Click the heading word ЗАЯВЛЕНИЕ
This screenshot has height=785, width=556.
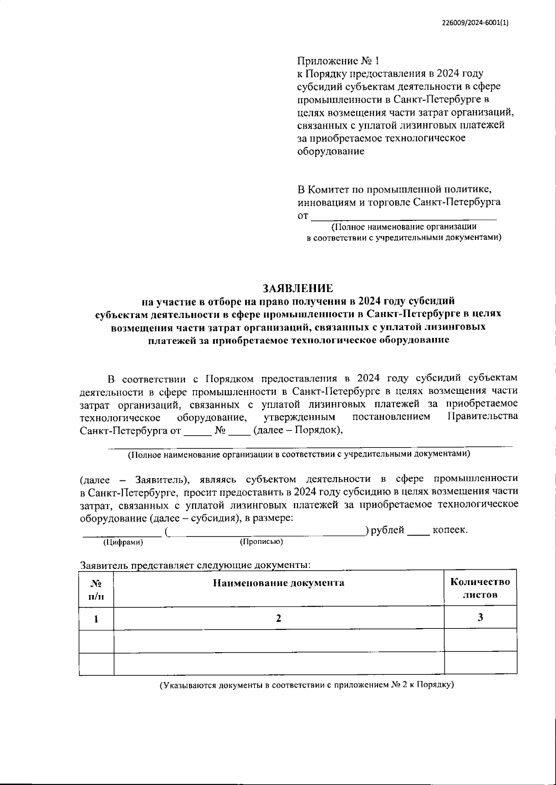click(x=298, y=288)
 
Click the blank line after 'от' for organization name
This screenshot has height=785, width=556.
click(x=403, y=216)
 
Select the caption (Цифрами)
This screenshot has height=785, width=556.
click(x=123, y=542)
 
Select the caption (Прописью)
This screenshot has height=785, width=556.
click(x=261, y=541)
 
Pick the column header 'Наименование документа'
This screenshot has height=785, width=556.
click(x=278, y=583)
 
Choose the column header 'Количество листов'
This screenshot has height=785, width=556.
click(x=480, y=588)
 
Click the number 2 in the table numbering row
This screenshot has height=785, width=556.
click(x=278, y=618)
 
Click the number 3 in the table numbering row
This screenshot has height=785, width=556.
click(x=480, y=617)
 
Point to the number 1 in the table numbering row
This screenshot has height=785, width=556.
click(x=96, y=619)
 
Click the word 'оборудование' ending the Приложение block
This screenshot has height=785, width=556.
click(x=330, y=151)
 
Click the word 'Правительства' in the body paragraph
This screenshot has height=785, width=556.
click(x=483, y=417)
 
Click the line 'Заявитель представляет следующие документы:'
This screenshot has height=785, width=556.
click(x=195, y=565)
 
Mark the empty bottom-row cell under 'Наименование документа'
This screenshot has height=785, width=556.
click(x=278, y=663)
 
